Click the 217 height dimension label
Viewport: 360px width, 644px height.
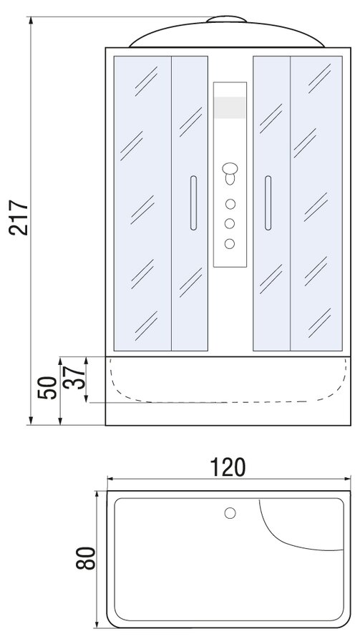pyautogui.click(x=19, y=218)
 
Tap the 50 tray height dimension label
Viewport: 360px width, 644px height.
pyautogui.click(x=47, y=387)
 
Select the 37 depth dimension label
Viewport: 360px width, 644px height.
pyautogui.click(x=74, y=377)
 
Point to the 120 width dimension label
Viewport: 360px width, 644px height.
pyautogui.click(x=228, y=467)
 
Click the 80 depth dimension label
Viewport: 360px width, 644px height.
pyautogui.click(x=85, y=557)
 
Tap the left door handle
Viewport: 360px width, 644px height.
pyautogui.click(x=193, y=203)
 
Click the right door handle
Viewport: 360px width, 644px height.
pyautogui.click(x=268, y=203)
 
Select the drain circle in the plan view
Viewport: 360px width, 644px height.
pyautogui.click(x=230, y=513)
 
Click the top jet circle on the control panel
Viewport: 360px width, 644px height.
pyautogui.click(x=230, y=204)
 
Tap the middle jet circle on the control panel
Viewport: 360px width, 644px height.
pyautogui.click(x=230, y=223)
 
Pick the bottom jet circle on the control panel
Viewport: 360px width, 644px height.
pyautogui.click(x=230, y=243)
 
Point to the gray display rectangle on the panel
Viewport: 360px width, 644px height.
pyautogui.click(x=230, y=107)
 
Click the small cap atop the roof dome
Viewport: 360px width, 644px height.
pyautogui.click(x=226, y=19)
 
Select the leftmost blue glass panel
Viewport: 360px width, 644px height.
pyautogui.click(x=142, y=203)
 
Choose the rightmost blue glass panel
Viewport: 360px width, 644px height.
pyautogui.click(x=316, y=203)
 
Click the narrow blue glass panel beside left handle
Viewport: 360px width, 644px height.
pyautogui.click(x=190, y=203)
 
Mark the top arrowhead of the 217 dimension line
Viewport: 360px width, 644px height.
pyautogui.click(x=31, y=21)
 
